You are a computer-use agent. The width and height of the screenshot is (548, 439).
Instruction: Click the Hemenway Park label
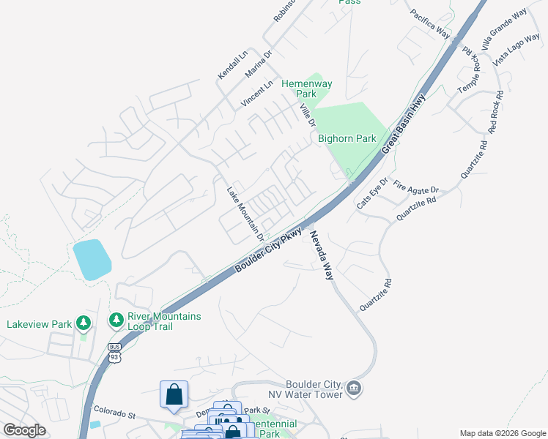(307, 89)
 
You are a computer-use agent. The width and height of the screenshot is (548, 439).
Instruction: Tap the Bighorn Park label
(347, 138)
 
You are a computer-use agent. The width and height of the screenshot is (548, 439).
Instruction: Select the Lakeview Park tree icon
(84, 322)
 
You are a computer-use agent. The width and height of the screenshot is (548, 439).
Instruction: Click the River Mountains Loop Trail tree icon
(116, 320)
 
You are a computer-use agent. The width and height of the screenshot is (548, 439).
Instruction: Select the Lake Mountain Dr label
(245, 213)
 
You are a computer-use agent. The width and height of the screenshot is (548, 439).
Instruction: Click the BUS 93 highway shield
(114, 353)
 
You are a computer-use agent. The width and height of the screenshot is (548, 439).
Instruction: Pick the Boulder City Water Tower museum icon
(354, 388)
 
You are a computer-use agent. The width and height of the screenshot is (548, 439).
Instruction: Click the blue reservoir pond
(92, 259)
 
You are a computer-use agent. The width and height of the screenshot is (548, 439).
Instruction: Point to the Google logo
(24, 430)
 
